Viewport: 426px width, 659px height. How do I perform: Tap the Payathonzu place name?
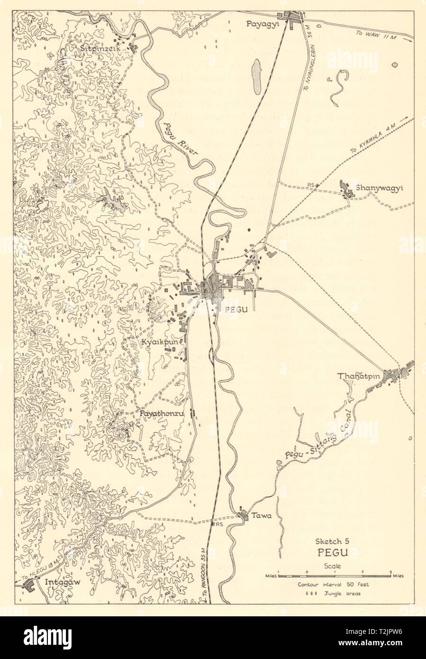(161, 413)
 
